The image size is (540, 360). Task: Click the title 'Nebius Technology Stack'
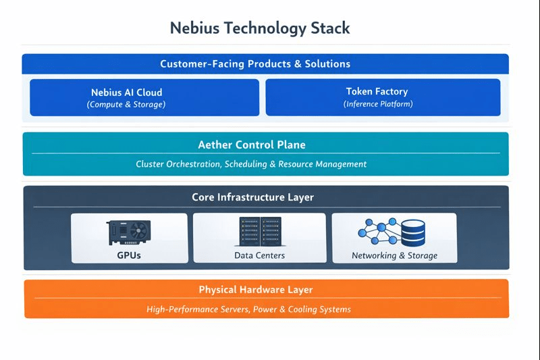click(x=260, y=28)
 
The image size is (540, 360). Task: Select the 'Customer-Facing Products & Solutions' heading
click(x=255, y=64)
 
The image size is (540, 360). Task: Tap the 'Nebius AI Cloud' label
click(x=126, y=92)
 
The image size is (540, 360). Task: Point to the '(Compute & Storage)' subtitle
click(x=126, y=105)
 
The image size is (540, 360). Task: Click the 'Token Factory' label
click(x=377, y=91)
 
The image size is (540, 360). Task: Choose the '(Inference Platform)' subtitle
click(x=377, y=104)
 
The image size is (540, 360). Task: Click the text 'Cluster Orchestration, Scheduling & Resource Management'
click(x=251, y=164)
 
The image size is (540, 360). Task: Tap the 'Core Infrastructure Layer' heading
click(x=252, y=197)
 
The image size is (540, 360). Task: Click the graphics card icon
click(x=129, y=232)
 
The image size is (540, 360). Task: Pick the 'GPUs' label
click(x=129, y=256)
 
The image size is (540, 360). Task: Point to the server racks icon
click(x=260, y=232)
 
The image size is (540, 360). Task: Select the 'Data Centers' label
click(x=260, y=256)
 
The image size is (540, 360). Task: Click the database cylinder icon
click(x=413, y=232)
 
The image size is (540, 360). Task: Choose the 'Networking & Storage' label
click(x=394, y=256)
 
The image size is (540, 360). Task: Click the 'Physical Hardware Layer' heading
click(x=256, y=290)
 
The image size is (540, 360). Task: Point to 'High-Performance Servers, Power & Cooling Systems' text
click(x=249, y=309)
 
